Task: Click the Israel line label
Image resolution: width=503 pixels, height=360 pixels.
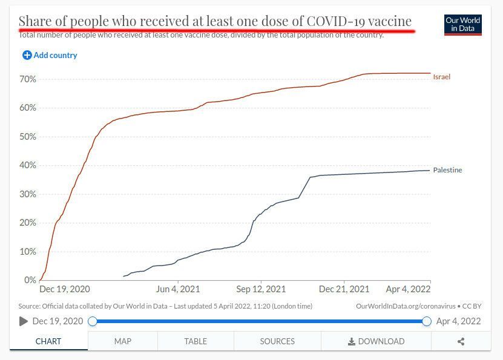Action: [441, 77]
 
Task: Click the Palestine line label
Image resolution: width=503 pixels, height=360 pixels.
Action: [447, 170]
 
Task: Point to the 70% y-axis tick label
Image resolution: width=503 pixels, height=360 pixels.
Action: [28, 79]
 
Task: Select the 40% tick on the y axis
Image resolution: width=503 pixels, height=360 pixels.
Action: [28, 165]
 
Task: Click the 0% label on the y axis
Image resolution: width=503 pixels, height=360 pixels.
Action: [30, 280]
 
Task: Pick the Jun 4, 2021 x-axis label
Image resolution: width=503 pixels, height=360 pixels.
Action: [178, 289]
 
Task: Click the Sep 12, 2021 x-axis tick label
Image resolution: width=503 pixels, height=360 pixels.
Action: [261, 289]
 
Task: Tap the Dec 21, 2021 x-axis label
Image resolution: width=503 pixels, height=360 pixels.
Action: [344, 289]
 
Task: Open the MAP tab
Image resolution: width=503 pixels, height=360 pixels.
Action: [123, 341]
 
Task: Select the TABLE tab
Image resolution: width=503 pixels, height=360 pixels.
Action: [196, 341]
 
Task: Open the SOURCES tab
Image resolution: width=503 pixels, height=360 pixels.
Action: [277, 341]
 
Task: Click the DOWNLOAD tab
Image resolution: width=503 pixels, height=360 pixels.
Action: [376, 341]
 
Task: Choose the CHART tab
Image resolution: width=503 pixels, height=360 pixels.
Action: [48, 341]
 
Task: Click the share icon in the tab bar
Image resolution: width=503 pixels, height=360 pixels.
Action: [461, 341]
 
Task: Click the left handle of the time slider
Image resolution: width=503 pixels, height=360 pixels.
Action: [93, 321]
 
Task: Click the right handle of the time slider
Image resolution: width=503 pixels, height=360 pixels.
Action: [427, 321]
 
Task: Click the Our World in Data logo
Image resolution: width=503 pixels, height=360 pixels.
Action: [462, 25]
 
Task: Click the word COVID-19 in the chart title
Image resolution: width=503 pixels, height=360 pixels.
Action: [336, 21]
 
